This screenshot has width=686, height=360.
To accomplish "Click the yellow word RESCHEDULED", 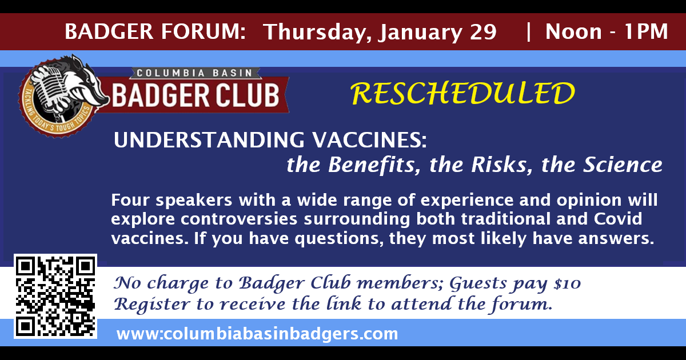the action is pos(462,93).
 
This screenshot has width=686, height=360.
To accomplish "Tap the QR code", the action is pos(55,296).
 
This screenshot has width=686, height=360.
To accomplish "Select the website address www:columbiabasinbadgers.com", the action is pos(257,334).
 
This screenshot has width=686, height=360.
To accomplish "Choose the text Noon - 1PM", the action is pos(607,31).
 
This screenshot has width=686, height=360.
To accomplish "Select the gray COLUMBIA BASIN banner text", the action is pos(194,73).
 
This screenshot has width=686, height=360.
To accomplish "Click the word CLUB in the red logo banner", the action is pos(248,95).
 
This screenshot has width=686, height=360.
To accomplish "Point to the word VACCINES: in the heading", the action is pos(369,140).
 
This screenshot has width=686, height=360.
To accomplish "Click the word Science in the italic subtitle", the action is pos(623,165).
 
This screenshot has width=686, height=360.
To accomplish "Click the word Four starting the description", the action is pos(130,200).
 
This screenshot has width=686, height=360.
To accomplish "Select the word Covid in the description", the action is pos(618,219).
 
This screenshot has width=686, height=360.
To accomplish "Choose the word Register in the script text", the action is pos(152,305).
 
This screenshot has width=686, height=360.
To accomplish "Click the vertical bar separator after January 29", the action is pos(528,32).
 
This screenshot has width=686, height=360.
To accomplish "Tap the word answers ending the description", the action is pos(616,239).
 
